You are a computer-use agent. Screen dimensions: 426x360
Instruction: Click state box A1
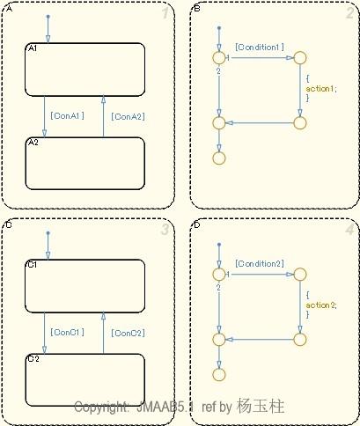coord(84,70)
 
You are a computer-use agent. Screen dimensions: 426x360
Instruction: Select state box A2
coord(84,163)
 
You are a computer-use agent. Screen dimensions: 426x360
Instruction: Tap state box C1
coord(84,285)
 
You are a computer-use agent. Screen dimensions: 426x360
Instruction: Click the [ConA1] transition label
coord(68,115)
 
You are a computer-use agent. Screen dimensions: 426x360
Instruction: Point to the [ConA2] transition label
coord(128,115)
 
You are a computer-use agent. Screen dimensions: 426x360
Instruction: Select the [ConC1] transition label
coord(68,332)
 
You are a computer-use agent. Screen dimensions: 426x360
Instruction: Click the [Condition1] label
coord(259,47)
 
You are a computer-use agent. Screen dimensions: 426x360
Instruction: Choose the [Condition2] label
coord(259,263)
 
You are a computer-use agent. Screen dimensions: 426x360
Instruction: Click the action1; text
coord(321,89)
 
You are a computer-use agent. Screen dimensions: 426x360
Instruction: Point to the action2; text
coord(321,305)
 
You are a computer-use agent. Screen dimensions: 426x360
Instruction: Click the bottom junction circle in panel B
coord(217,159)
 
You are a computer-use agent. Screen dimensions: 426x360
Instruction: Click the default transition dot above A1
coord(48,17)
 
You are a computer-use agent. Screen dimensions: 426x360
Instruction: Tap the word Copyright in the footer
coord(102,408)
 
